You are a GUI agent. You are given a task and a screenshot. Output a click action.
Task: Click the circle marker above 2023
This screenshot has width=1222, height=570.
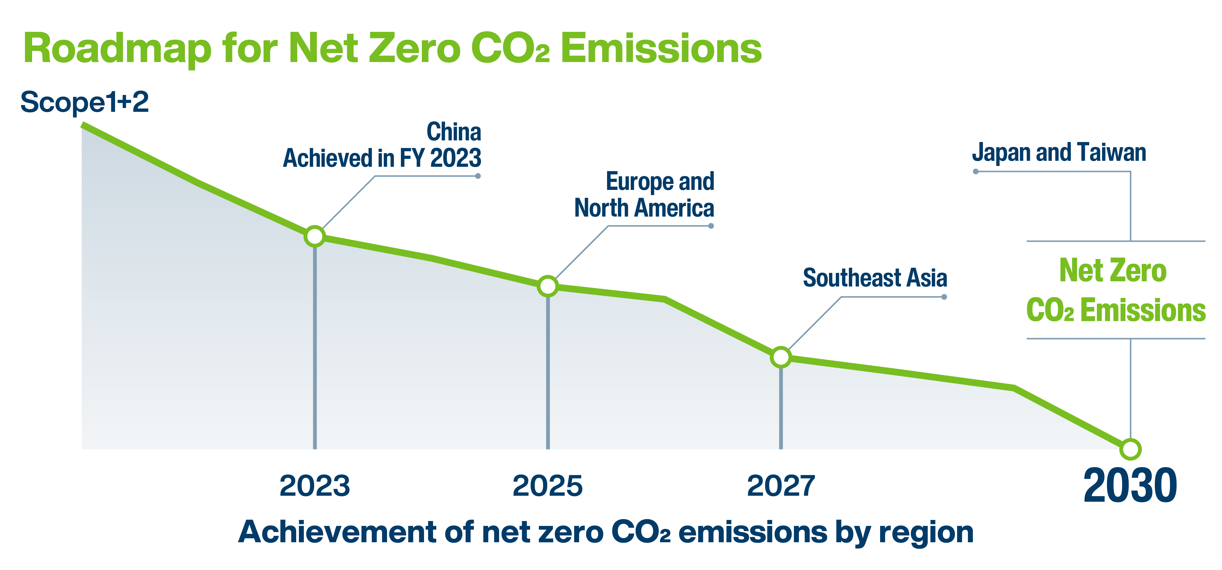tap(314, 236)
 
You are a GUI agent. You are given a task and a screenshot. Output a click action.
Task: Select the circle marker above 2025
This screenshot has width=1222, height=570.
tap(548, 286)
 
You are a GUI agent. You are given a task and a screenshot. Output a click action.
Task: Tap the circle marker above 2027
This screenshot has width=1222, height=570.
tap(781, 357)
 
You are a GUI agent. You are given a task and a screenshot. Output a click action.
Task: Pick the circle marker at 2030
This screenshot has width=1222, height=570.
tap(1130, 449)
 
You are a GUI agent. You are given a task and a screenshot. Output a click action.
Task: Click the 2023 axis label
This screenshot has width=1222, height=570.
tap(314, 486)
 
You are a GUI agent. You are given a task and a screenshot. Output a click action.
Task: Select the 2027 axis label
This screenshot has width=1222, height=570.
tap(781, 486)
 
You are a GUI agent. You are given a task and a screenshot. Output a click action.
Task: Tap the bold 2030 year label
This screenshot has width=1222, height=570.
tap(1130, 486)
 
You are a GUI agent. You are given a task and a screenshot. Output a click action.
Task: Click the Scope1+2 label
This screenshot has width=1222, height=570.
tap(84, 102)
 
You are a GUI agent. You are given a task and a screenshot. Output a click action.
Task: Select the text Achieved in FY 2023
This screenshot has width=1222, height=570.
tap(382, 158)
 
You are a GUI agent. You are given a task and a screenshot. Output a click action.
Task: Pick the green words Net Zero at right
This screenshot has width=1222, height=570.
tap(1113, 270)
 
